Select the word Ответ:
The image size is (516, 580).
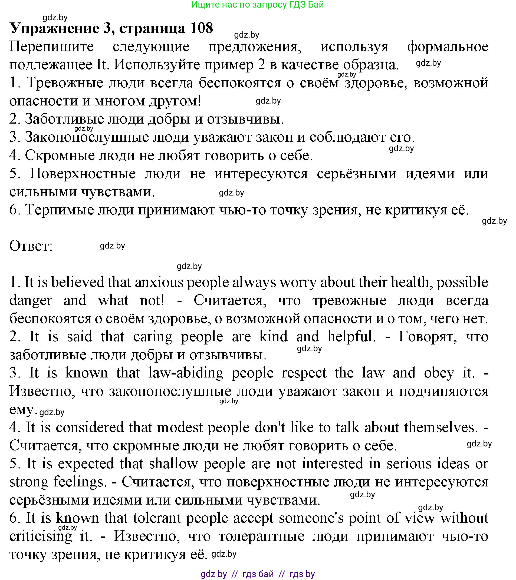31,246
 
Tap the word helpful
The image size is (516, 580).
350,337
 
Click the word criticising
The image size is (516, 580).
41,536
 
